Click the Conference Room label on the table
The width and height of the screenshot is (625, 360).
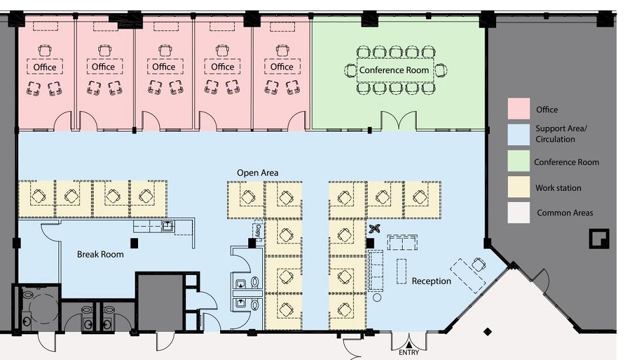point(394,70)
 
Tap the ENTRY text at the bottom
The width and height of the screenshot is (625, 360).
point(409,352)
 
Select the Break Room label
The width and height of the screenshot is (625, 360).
point(101,255)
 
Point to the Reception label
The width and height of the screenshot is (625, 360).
point(431,281)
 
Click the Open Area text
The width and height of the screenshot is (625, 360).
point(257,173)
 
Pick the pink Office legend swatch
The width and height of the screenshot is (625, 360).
point(518,108)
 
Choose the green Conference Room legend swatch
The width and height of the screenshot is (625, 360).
point(518,160)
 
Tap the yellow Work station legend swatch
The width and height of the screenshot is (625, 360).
point(518,187)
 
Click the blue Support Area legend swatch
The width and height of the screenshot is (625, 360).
point(518,135)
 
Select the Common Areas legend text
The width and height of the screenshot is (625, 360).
point(565,213)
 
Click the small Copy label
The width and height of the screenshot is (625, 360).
point(258,230)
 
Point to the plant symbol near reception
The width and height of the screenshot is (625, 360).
point(375,229)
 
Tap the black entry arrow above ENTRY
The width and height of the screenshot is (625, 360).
point(409,345)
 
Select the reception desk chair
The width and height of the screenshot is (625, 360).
point(478,264)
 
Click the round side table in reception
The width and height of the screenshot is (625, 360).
point(377,297)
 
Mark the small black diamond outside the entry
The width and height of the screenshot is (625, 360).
point(487,331)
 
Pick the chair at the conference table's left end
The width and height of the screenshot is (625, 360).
point(350,71)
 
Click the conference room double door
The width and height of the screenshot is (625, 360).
point(399,121)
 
